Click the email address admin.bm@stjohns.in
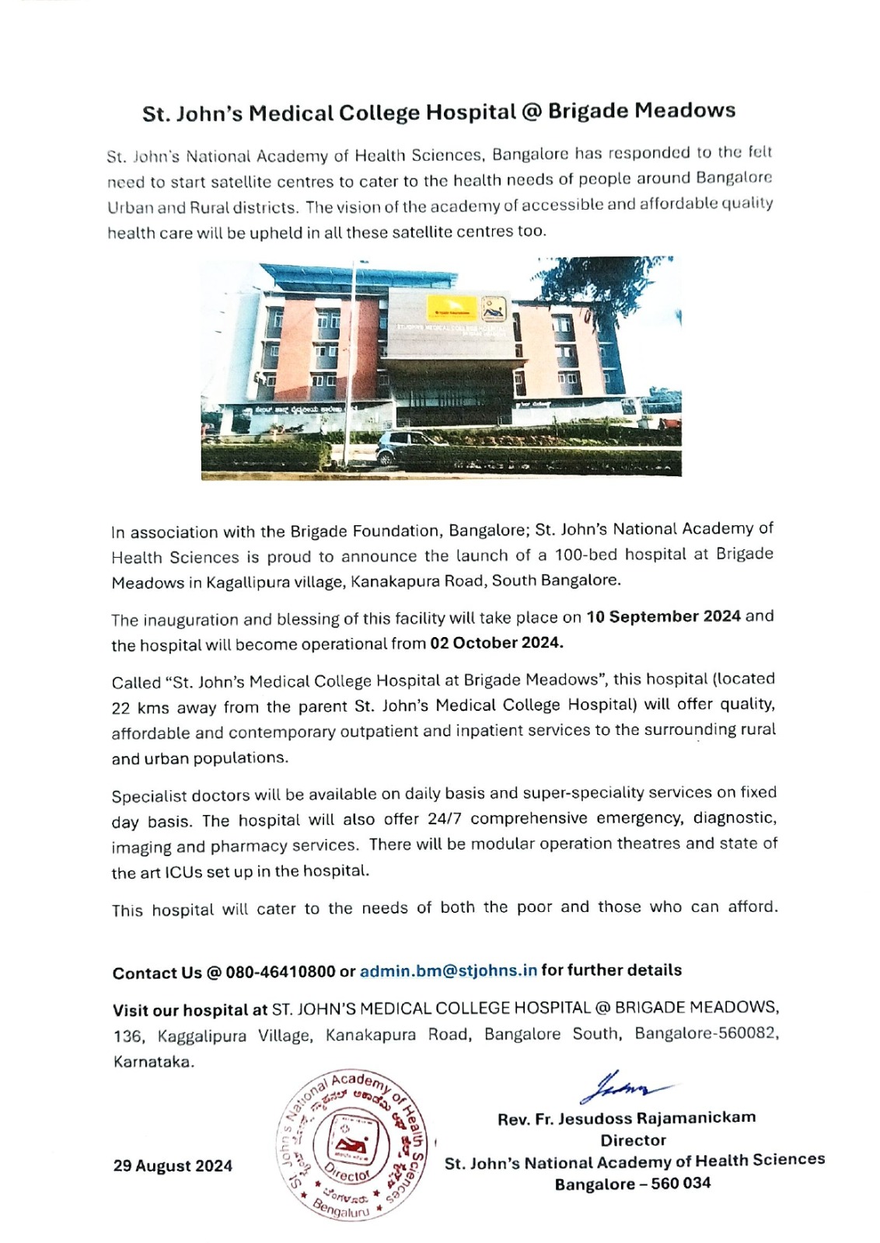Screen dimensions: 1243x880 (449, 970)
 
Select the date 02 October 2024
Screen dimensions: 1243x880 (496, 643)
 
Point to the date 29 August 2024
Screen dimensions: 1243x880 (173, 1165)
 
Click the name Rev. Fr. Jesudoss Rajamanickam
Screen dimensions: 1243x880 (627, 1118)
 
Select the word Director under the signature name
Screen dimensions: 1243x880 (633, 1140)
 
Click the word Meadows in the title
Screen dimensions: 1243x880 (685, 110)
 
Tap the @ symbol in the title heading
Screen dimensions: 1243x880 (532, 112)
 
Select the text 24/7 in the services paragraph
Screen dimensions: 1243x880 (445, 819)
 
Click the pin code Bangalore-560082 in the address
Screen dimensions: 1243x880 (706, 1034)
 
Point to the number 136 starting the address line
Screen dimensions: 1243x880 (128, 1036)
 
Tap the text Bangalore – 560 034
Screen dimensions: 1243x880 (632, 1184)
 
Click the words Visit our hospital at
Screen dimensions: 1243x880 (190, 1010)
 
